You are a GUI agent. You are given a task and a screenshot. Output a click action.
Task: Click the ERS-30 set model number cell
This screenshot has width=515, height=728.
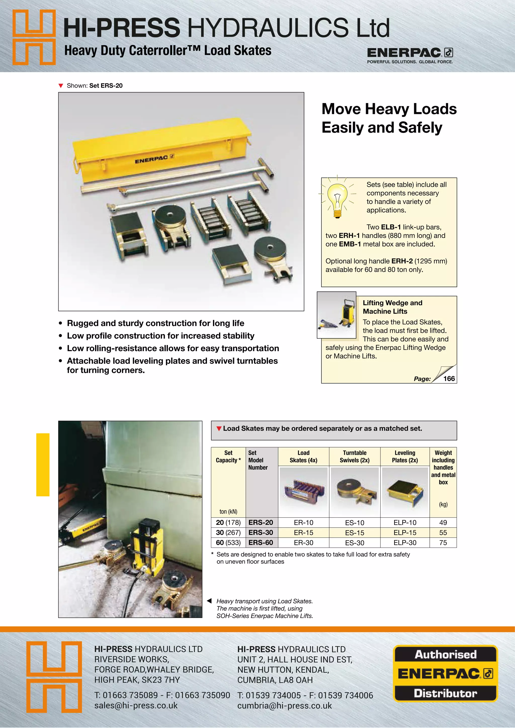[261, 532]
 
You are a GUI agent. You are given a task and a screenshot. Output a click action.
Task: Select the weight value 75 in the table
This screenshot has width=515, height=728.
[443, 542]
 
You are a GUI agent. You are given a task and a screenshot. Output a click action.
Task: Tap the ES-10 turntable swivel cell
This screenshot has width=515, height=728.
[355, 523]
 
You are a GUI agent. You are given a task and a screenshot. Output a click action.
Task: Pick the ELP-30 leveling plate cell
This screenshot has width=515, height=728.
[405, 542]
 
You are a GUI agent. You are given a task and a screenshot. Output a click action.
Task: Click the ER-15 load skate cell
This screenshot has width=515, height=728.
[304, 532]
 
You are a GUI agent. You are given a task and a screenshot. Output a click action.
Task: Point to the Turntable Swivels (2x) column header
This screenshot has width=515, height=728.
[355, 456]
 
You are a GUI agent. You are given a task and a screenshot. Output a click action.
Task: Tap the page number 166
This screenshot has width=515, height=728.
[449, 379]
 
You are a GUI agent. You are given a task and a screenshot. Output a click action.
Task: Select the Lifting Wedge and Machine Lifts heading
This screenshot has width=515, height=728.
[392, 307]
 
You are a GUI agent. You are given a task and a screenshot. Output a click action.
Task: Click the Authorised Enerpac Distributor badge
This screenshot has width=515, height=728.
[445, 673]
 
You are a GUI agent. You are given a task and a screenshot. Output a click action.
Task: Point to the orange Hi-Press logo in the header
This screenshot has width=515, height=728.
[34, 37]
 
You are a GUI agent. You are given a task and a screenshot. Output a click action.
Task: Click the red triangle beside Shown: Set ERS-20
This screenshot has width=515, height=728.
[61, 86]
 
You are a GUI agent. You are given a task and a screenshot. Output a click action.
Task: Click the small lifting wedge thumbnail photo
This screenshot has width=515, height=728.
[336, 314]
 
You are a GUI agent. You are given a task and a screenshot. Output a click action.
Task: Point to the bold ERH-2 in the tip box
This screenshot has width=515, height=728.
[402, 261]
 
